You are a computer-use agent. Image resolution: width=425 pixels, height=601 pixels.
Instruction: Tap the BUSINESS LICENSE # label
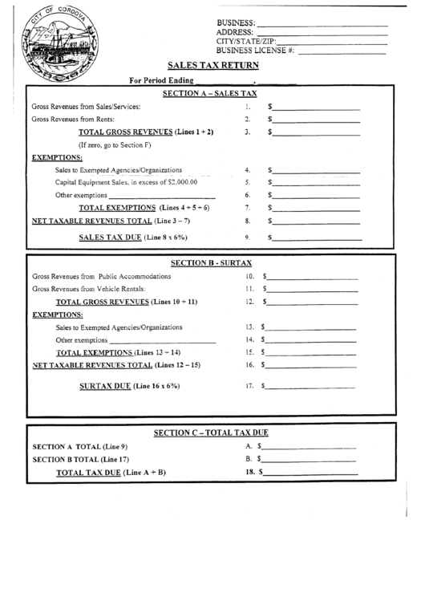click(255, 51)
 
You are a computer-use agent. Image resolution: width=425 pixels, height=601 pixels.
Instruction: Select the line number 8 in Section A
click(248, 221)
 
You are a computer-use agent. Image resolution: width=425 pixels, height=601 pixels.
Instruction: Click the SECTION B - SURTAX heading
click(212, 263)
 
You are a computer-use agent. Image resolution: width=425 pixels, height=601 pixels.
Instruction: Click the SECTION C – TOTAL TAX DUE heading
click(211, 432)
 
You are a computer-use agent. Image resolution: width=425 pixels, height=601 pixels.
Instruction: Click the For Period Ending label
click(161, 80)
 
